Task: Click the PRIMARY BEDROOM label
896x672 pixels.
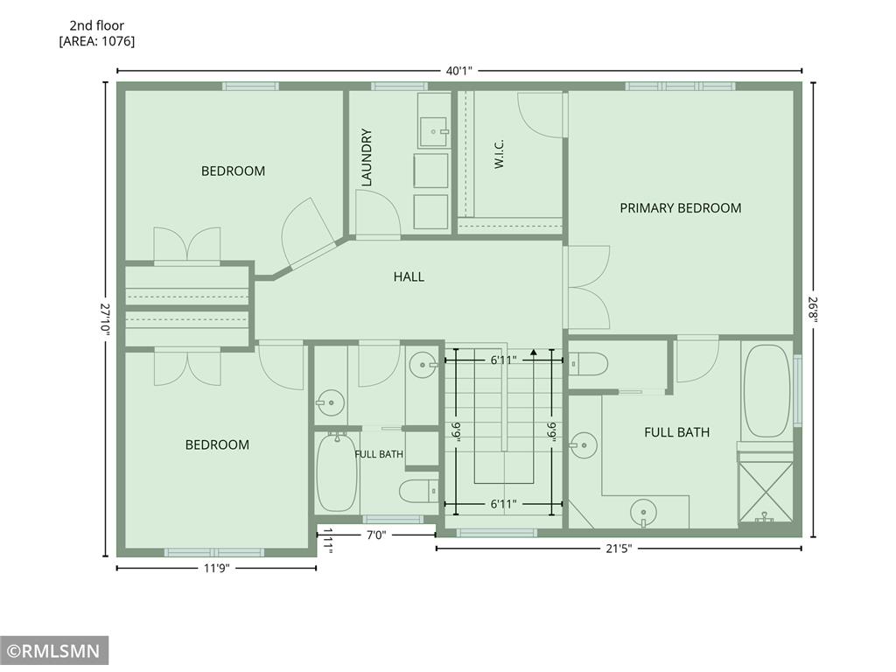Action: point(681,208)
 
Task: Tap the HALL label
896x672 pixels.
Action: point(409,276)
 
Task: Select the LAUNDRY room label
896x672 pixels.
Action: point(367,157)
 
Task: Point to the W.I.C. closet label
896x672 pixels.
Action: point(499,154)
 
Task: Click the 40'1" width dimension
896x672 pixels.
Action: point(459,71)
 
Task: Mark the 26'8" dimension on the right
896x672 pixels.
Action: point(813,309)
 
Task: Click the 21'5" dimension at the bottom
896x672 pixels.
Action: point(619,549)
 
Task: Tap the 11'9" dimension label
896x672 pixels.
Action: point(217,568)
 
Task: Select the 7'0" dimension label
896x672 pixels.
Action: point(376,535)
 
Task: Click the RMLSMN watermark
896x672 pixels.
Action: point(54,651)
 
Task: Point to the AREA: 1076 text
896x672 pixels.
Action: point(97,41)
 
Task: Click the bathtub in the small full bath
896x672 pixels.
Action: point(337,472)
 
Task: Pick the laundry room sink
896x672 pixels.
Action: point(434,132)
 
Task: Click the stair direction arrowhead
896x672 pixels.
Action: point(534,352)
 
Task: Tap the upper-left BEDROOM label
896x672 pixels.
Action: point(233,171)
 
